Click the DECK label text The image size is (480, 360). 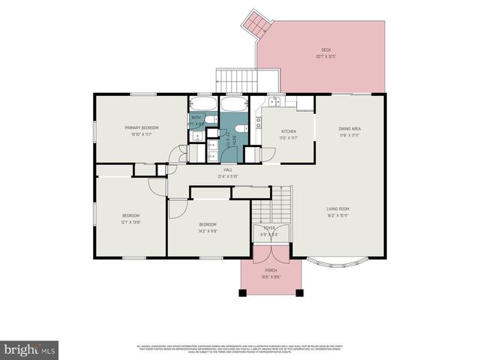coord(326,50)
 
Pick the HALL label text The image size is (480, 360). coord(227,170)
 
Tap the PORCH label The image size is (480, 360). coord(271,271)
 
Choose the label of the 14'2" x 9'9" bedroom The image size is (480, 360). coord(208,225)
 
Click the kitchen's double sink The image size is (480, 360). coord(275,101)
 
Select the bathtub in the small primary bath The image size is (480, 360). coord(202,103)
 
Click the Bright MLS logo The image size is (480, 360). coord(30,349)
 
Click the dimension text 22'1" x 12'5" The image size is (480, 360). coord(326,56)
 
